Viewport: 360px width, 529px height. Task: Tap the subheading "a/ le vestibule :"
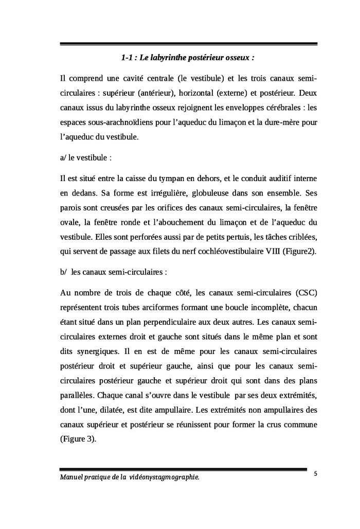[86, 157]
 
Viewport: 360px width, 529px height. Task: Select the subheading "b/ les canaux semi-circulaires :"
[114, 272]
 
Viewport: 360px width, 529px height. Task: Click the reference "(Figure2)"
[298, 251]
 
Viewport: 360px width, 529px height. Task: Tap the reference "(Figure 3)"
[78, 440]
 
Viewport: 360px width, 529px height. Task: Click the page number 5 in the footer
[315, 473]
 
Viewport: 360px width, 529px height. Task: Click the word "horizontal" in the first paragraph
[196, 94]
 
